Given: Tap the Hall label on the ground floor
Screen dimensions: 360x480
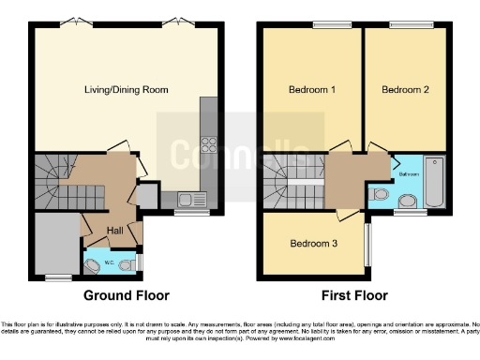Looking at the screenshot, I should point(114,231).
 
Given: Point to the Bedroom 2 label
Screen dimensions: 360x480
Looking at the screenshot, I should point(405,90).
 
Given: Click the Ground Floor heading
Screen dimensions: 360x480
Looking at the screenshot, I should point(127,295).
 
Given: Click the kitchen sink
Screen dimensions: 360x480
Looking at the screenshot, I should point(190,199).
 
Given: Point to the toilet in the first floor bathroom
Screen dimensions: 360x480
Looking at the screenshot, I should point(379,194).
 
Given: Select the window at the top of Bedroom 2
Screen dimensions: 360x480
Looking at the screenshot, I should point(404,26).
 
